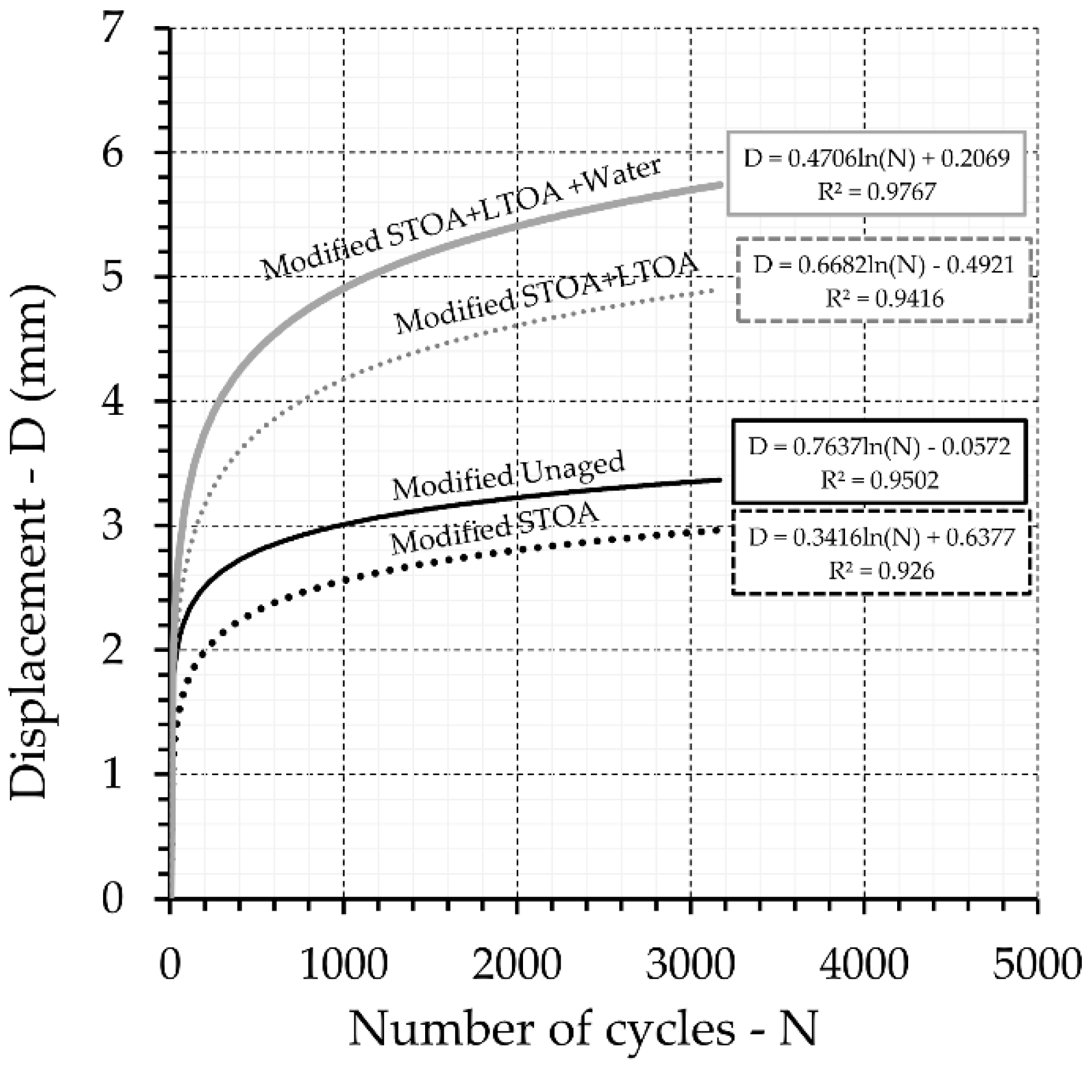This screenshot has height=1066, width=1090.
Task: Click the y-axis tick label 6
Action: pos(114,153)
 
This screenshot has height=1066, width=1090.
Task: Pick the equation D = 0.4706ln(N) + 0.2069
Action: pos(876,158)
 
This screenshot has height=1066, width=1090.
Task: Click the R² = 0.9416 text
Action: pos(884,298)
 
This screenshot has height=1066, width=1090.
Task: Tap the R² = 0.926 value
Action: pos(881,571)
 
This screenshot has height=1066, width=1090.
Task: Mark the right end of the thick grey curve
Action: pos(720,184)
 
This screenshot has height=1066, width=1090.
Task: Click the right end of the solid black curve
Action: pos(720,480)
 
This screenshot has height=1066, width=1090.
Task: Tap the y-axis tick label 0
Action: pos(114,899)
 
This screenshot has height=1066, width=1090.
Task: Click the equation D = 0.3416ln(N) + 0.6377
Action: pos(881,538)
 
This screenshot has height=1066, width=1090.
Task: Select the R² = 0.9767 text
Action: pos(876,191)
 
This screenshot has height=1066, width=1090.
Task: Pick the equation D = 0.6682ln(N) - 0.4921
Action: pos(884,265)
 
